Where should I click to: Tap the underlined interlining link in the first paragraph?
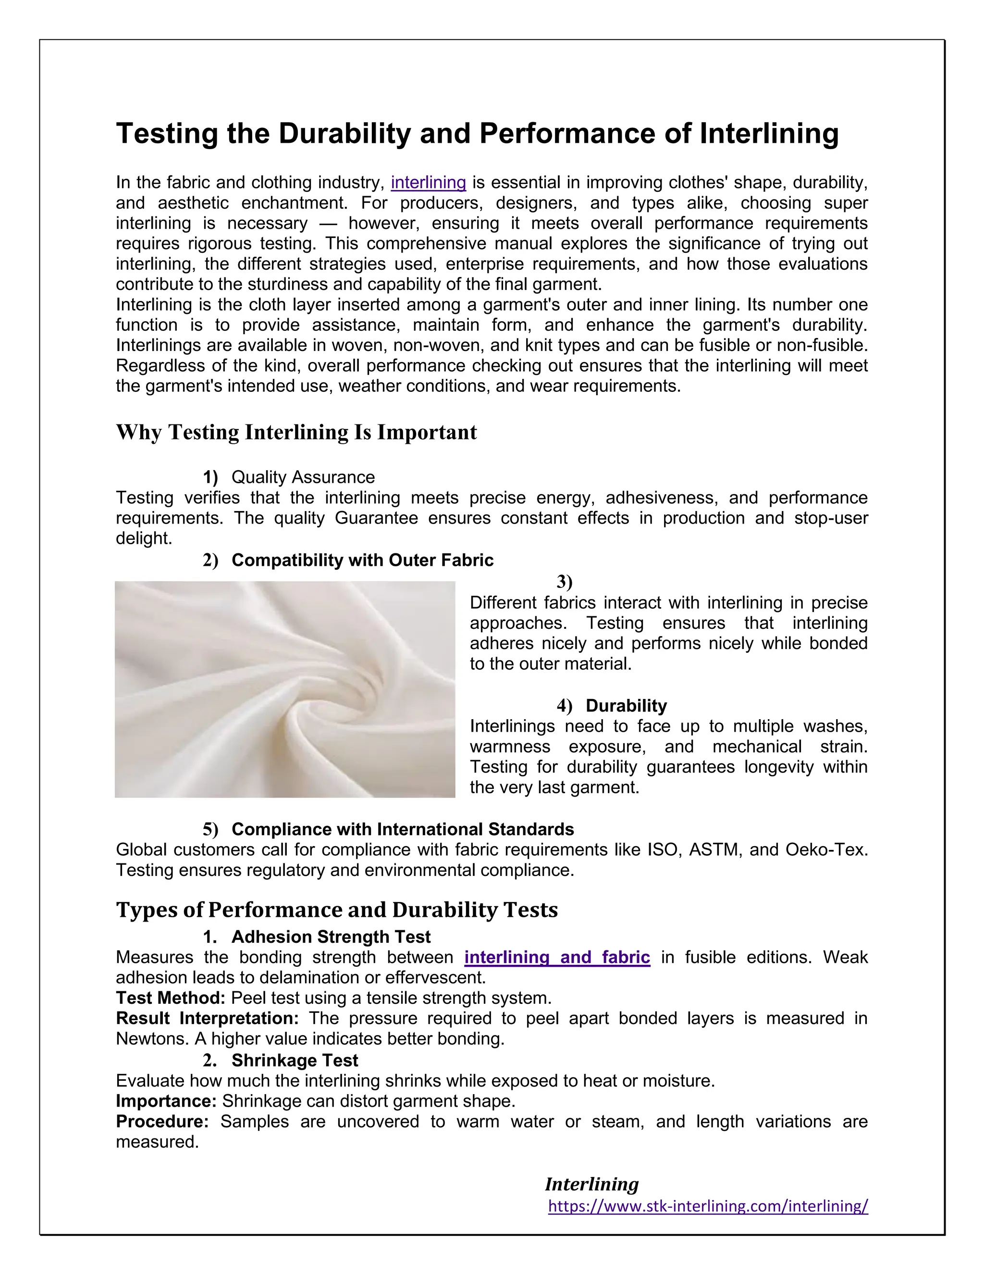428,183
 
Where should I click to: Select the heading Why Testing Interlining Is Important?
296,432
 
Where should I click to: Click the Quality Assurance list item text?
303,477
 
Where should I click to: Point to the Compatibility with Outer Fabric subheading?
362,560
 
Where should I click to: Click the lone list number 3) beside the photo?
564,582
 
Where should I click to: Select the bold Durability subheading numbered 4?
626,706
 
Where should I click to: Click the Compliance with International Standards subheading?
402,829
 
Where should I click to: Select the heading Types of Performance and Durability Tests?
336,910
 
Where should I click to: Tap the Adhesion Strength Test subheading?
331,937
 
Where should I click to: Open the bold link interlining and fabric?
557,957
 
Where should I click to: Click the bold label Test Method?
170,998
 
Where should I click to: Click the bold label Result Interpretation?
207,1019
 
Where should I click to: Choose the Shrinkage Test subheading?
295,1060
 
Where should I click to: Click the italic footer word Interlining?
591,1184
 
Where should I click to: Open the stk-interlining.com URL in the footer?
708,1206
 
